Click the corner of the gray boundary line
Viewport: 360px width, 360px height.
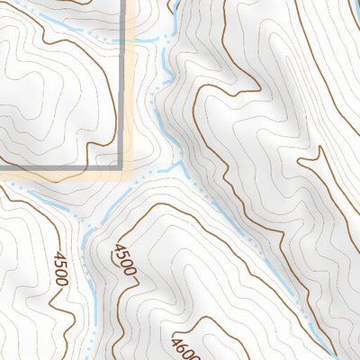121,167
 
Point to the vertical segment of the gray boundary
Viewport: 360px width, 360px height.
121,90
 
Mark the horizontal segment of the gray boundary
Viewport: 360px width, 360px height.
54,167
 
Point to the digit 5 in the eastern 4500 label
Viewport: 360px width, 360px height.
121,255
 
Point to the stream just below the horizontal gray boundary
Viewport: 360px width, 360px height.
54,191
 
